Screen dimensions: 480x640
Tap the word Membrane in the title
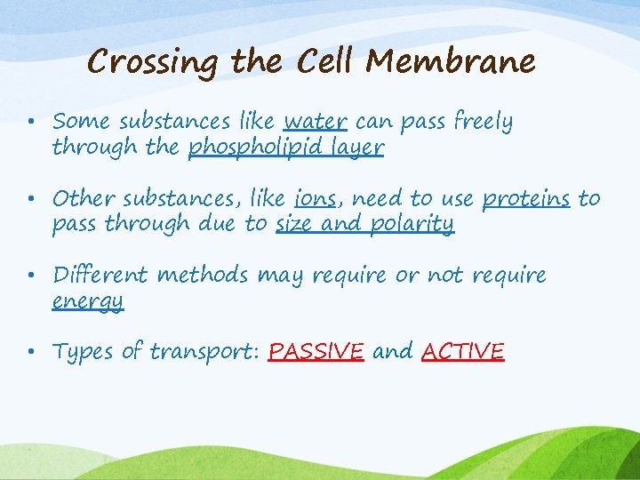coord(451,61)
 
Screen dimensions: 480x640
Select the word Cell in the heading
coord(325,61)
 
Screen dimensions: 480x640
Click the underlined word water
coord(315,121)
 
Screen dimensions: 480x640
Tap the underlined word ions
coord(315,198)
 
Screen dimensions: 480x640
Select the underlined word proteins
coord(525,198)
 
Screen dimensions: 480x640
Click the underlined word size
coord(293,223)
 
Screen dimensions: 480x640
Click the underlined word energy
coord(87,301)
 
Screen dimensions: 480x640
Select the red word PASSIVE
coord(316,352)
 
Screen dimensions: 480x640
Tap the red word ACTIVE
coord(462,352)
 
